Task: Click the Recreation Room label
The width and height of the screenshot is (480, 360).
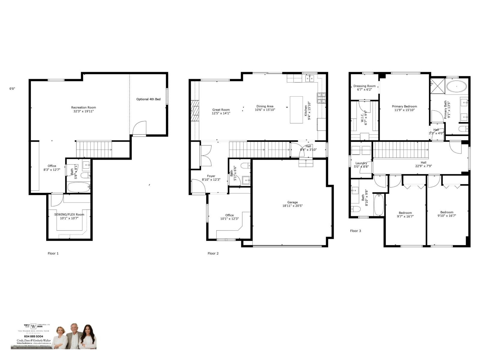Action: [83, 107]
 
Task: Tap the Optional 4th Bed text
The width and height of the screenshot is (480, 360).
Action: [148, 99]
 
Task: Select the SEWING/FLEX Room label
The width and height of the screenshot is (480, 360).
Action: [69, 214]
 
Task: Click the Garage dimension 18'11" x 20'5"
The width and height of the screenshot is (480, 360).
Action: [292, 206]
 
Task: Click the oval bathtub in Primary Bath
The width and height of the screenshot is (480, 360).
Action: [456, 87]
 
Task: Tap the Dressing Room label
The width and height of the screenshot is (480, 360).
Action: [364, 86]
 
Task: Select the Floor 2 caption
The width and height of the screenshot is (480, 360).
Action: [213, 253]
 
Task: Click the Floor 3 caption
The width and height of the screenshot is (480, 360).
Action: [355, 231]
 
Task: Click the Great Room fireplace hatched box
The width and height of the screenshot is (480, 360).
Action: [195, 110]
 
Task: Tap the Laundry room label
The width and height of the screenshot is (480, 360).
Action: [361, 163]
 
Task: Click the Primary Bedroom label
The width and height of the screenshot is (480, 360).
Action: [404, 106]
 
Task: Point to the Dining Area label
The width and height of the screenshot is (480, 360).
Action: [265, 106]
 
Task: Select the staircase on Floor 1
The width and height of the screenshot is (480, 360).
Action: [94, 149]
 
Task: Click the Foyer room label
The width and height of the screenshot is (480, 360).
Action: [211, 176]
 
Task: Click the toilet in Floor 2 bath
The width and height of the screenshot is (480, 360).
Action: [245, 166]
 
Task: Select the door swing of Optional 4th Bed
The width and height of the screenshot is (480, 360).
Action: [139, 128]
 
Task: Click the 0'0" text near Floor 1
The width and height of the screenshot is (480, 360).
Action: [12, 89]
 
